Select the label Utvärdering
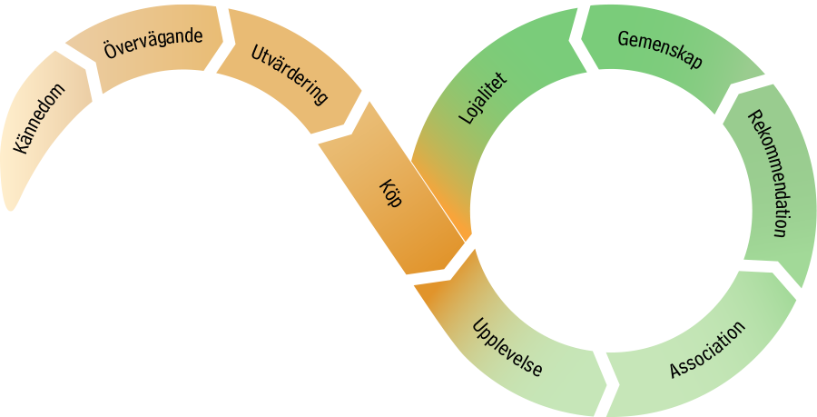(x=288, y=75)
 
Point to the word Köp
(x=389, y=192)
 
